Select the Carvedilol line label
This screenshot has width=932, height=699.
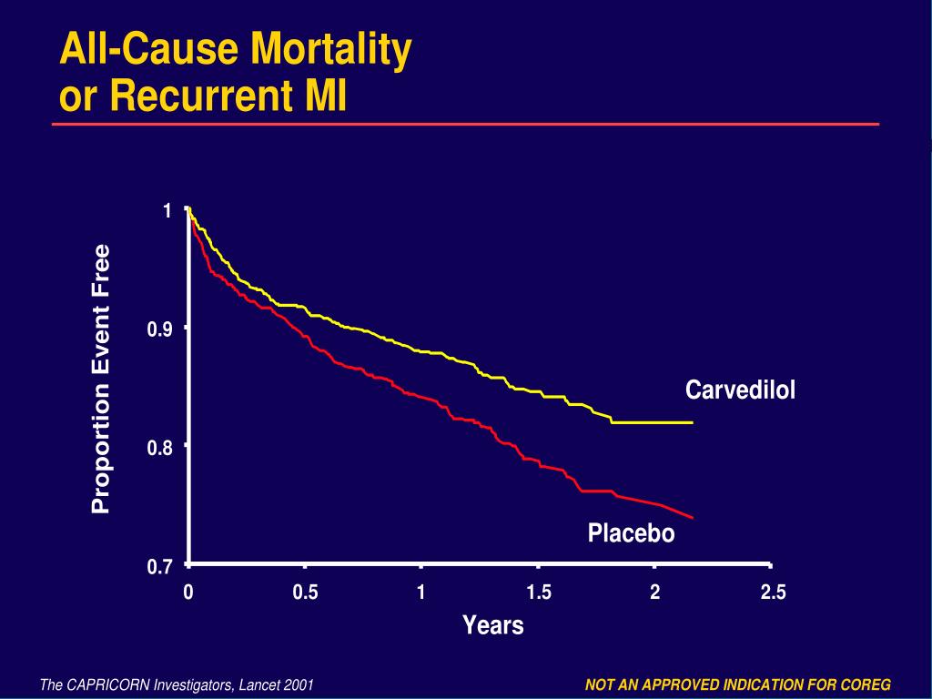[x=740, y=390]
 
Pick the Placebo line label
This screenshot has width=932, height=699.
[x=631, y=533]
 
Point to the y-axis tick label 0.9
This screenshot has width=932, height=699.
[x=160, y=329]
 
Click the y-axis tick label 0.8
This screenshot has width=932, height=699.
[x=160, y=448]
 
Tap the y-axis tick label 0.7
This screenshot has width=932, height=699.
[x=160, y=567]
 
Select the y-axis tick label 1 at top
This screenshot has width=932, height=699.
[x=167, y=211]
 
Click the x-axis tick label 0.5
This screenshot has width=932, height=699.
[x=305, y=593]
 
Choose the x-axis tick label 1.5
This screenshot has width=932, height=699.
[x=539, y=593]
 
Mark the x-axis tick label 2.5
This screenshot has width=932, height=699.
[x=773, y=593]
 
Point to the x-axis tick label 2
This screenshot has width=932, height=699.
[x=654, y=593]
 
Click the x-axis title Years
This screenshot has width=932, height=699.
[x=492, y=625]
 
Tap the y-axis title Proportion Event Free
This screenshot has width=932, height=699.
[x=101, y=379]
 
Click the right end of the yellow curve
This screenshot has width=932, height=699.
[x=693, y=422]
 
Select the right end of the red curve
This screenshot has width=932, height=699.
[x=693, y=517]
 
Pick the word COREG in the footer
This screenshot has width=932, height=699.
[x=867, y=684]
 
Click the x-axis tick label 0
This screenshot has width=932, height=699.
[x=188, y=593]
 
